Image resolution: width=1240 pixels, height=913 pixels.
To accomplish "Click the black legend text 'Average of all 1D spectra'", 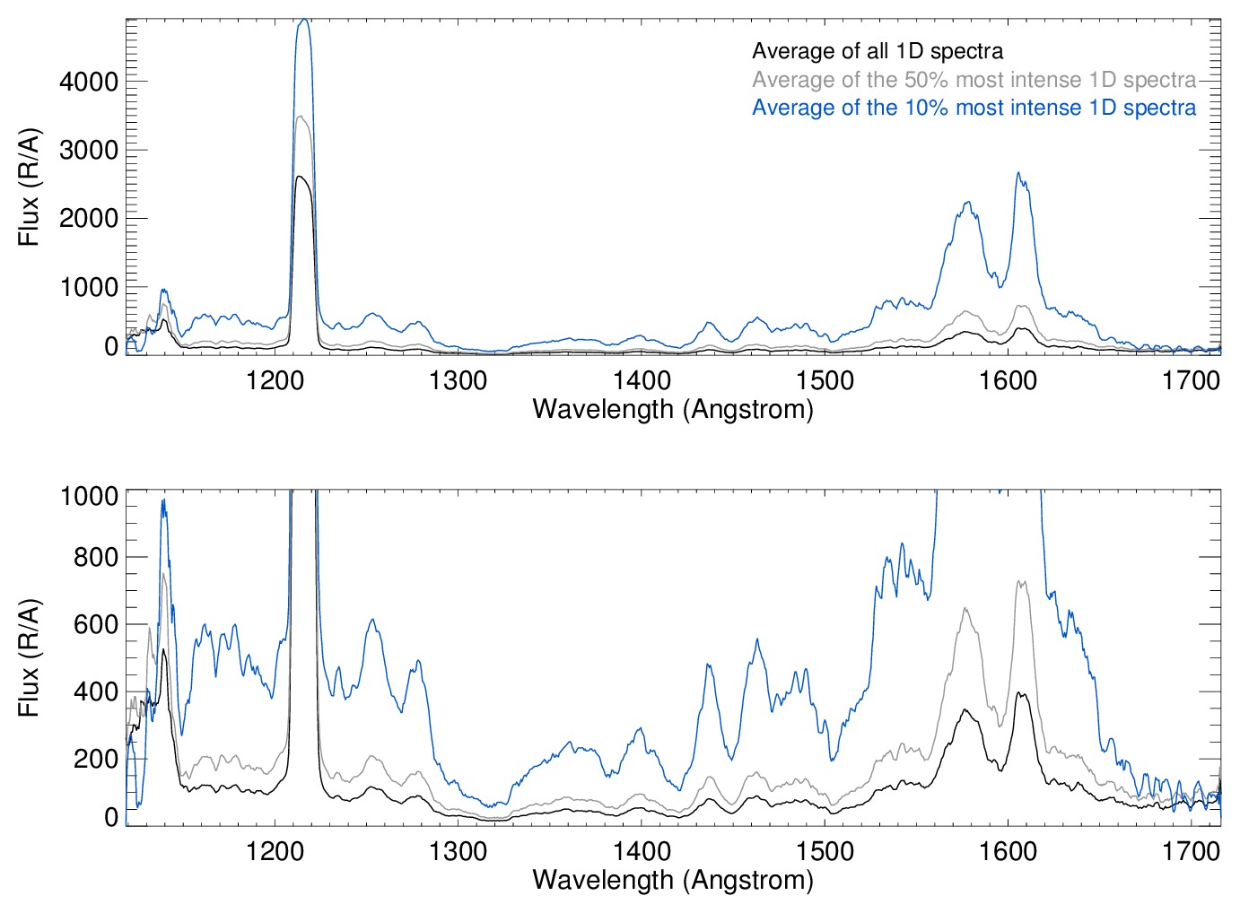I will click(877, 51).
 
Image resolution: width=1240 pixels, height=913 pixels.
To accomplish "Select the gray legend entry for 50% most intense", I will click(974, 80).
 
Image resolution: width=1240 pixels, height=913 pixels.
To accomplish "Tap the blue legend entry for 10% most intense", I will click(974, 108).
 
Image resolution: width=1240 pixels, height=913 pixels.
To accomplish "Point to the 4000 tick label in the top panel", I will click(89, 82).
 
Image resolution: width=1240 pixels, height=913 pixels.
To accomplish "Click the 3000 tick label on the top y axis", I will click(89, 150).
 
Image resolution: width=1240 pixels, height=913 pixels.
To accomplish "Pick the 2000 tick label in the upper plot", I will click(89, 218).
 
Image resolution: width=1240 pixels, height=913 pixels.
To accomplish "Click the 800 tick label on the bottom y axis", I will click(96, 557).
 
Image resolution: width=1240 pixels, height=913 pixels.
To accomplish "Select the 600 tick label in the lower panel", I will click(96, 624).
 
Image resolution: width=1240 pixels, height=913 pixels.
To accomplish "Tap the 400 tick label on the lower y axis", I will click(96, 691).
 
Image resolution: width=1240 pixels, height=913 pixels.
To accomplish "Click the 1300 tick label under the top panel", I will click(458, 380).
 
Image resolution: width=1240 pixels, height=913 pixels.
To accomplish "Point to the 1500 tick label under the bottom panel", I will click(825, 851).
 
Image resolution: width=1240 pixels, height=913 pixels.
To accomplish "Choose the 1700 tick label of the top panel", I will click(1191, 380).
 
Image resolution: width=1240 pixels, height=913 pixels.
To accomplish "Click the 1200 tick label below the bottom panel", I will click(275, 851).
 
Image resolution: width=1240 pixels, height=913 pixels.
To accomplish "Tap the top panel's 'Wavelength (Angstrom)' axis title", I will click(673, 409).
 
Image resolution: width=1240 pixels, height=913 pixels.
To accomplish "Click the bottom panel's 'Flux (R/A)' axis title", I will click(29, 658).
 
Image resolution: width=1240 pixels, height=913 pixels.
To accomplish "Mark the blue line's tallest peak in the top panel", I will click(303, 20).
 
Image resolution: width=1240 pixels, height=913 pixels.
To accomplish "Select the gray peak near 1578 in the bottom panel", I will click(966, 608).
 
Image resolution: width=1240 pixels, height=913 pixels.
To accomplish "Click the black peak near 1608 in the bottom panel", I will click(1019, 692).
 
